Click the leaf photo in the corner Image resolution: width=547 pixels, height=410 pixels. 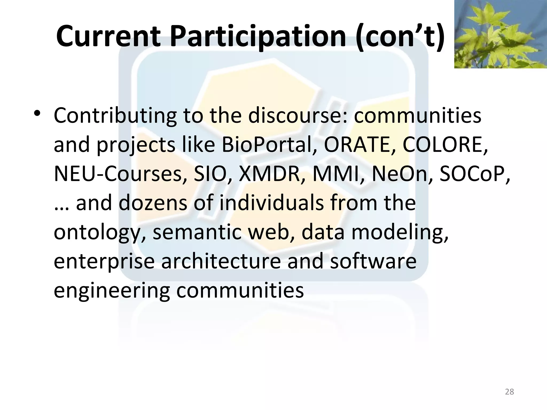pyautogui.click(x=500, y=34)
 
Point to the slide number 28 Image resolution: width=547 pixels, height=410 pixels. pyautogui.click(x=509, y=392)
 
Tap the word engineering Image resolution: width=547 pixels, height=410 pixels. pyautogui.click(x=112, y=290)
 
